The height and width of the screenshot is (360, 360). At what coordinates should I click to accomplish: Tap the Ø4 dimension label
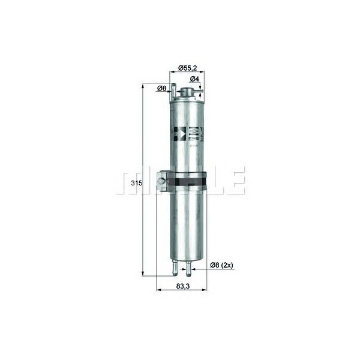(195, 79)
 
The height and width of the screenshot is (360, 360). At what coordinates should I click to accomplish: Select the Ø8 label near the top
(161, 89)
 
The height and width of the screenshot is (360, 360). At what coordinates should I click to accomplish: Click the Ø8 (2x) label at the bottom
(221, 265)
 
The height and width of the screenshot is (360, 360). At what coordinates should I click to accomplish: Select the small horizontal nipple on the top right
(200, 92)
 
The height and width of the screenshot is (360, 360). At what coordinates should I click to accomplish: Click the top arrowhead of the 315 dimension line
(142, 86)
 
